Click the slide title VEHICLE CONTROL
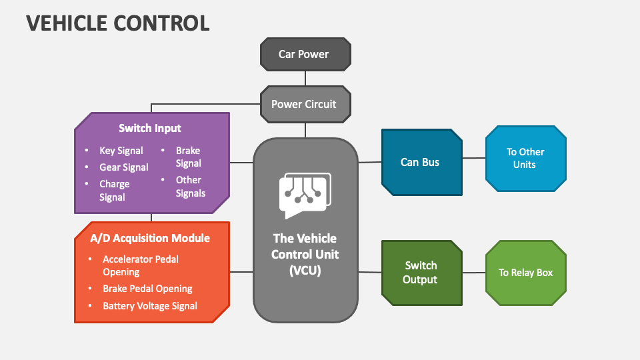(118, 23)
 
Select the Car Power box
(304, 55)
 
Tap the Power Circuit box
(304, 104)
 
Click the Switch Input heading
(150, 128)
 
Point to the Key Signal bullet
(121, 151)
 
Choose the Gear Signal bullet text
(123, 167)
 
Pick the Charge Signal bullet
(114, 190)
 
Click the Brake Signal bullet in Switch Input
(188, 157)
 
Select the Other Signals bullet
(190, 186)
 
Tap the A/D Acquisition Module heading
(150, 238)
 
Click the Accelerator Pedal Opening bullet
(140, 265)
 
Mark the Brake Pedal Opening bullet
(147, 289)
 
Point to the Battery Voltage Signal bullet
(149, 306)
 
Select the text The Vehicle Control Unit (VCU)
(305, 254)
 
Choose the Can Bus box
(421, 162)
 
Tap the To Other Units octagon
(525, 158)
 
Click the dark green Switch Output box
(421, 272)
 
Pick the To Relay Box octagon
(525, 272)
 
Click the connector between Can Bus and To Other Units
(473, 158)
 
